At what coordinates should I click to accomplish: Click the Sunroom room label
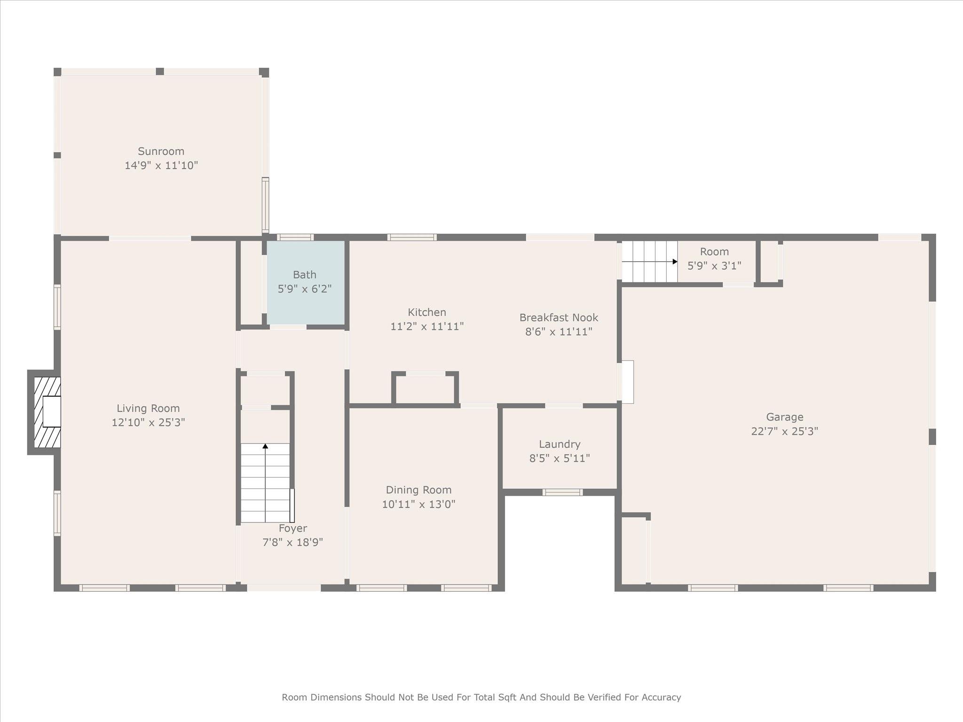(161, 151)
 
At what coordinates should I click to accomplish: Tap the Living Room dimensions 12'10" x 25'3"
(148, 422)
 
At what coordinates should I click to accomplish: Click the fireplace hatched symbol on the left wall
(47, 412)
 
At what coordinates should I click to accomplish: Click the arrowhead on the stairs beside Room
(675, 261)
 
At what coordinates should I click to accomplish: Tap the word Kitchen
(427, 312)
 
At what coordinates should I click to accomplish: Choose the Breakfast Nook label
(559, 318)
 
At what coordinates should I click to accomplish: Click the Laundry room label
(560, 444)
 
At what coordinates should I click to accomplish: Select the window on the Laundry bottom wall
(562, 492)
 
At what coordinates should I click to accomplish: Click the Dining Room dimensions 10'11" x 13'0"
(418, 504)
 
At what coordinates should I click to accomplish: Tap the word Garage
(785, 417)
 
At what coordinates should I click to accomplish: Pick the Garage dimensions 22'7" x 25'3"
(785, 431)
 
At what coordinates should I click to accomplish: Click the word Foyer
(292, 528)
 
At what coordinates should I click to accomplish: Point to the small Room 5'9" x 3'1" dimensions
(714, 266)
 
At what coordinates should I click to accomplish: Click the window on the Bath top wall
(295, 237)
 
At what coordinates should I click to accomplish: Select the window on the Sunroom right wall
(265, 205)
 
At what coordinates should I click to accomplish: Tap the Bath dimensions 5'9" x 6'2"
(305, 289)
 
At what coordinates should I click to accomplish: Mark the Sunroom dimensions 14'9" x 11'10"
(161, 165)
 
